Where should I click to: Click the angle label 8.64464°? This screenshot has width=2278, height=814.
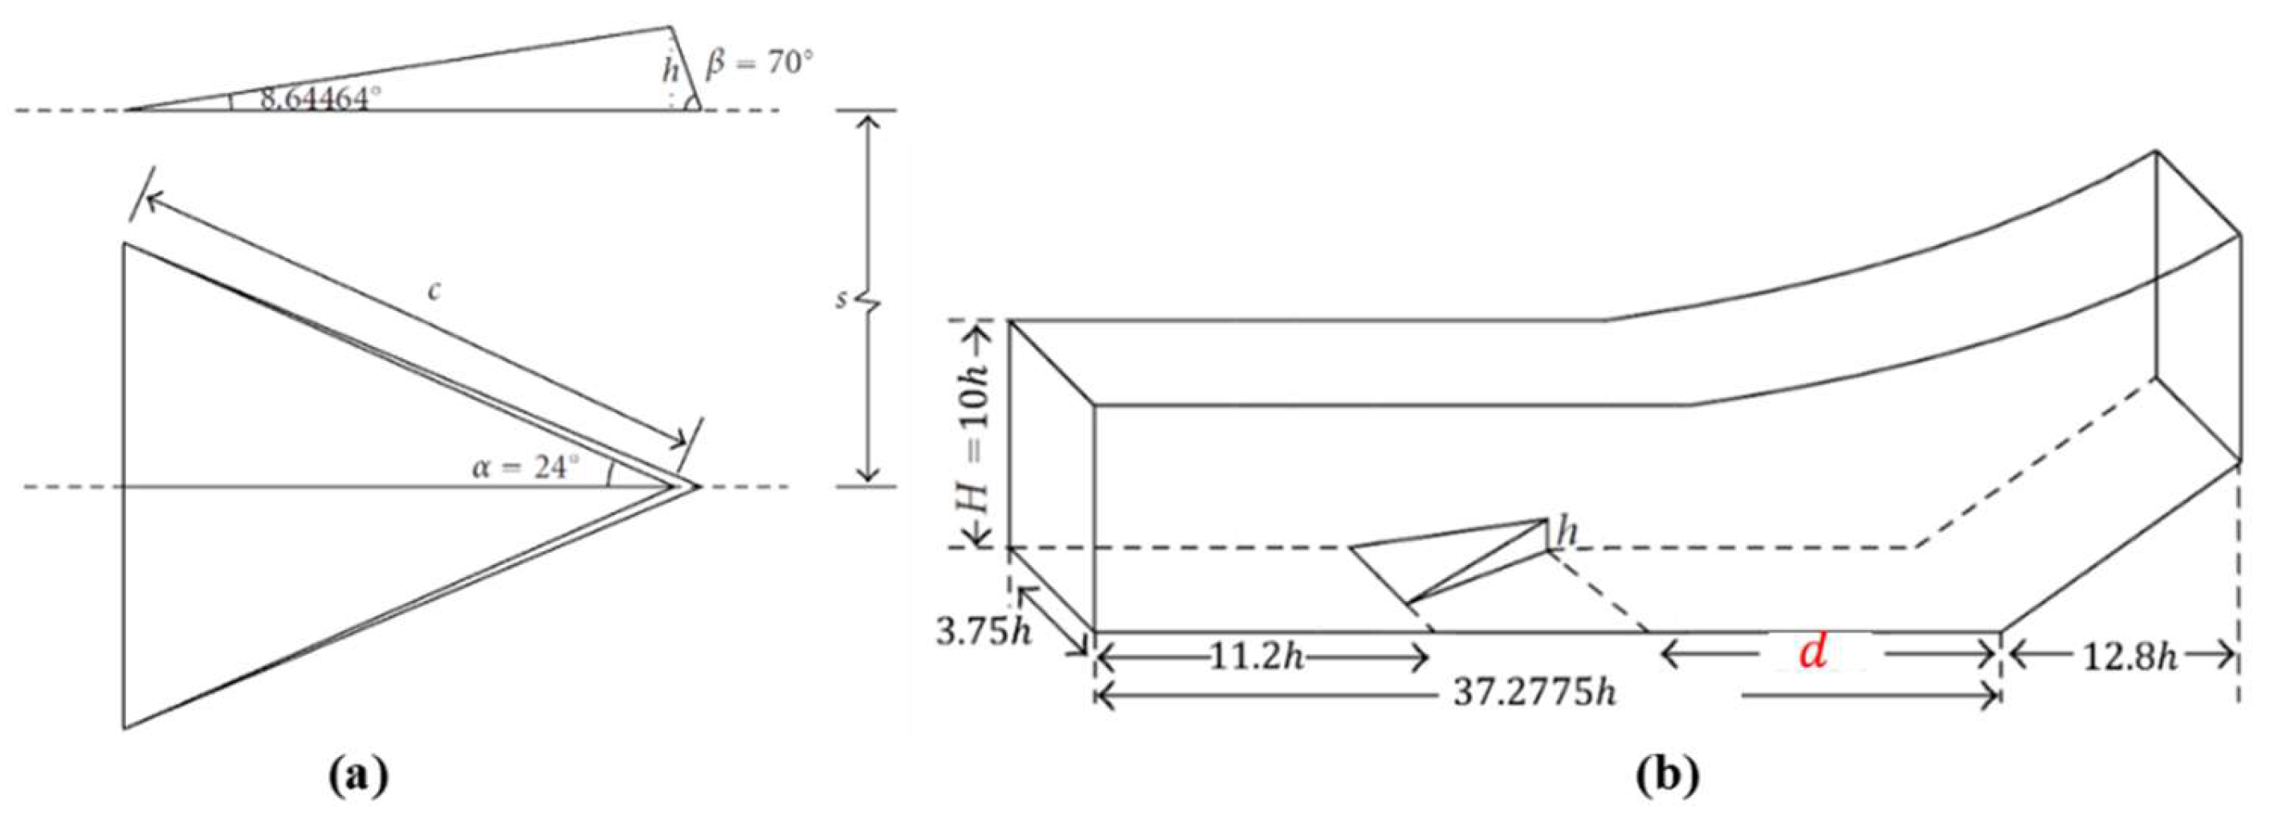tap(313, 98)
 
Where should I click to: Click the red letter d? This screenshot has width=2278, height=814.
tap(1813, 653)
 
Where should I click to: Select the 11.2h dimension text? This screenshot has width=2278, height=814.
tap(1256, 657)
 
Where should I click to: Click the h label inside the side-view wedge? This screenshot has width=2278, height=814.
tap(671, 70)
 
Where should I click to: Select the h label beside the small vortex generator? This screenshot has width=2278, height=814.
tap(1568, 534)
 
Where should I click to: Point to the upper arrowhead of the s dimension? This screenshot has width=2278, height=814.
tap(870, 121)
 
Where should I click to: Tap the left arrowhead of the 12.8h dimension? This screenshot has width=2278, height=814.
tap(2017, 656)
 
